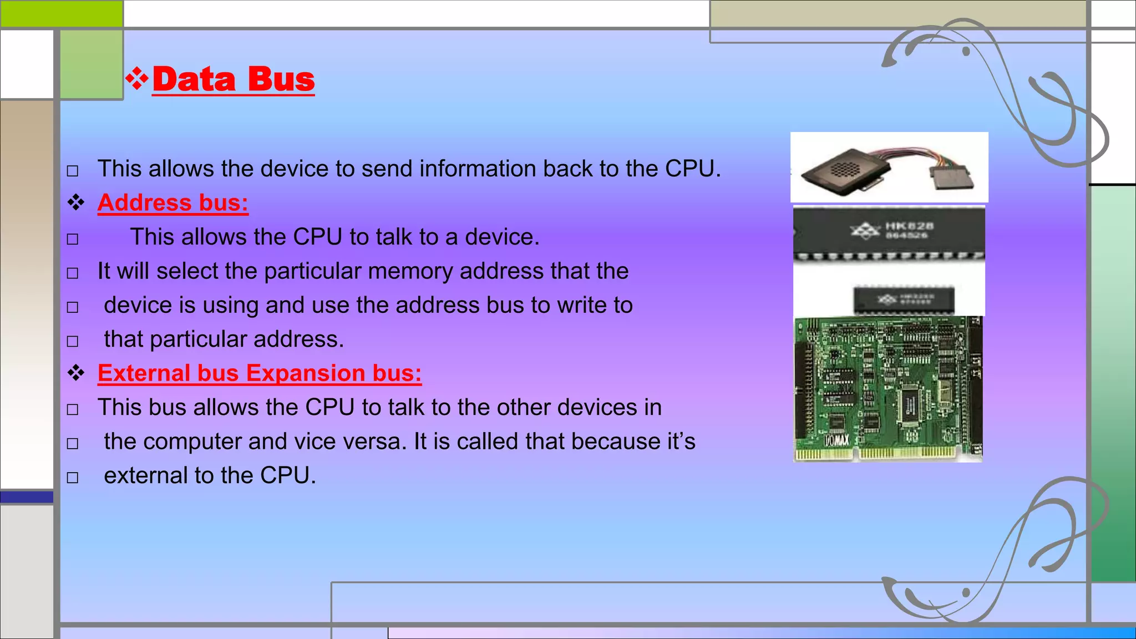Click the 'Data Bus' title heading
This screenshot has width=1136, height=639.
[234, 79]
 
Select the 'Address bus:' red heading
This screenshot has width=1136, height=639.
[173, 203]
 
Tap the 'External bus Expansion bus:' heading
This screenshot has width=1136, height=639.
[260, 373]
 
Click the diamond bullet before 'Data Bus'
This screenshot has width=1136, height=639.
[136, 79]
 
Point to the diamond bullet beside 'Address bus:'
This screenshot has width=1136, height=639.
[76, 203]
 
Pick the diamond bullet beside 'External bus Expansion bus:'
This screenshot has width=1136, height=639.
[76, 373]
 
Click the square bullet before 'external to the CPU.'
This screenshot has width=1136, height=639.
[73, 477]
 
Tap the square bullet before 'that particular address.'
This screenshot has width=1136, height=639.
[73, 341]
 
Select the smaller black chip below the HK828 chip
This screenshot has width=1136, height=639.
[904, 300]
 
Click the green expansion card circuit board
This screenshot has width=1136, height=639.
[887, 388]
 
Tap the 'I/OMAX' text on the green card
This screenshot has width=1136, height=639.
[836, 441]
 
